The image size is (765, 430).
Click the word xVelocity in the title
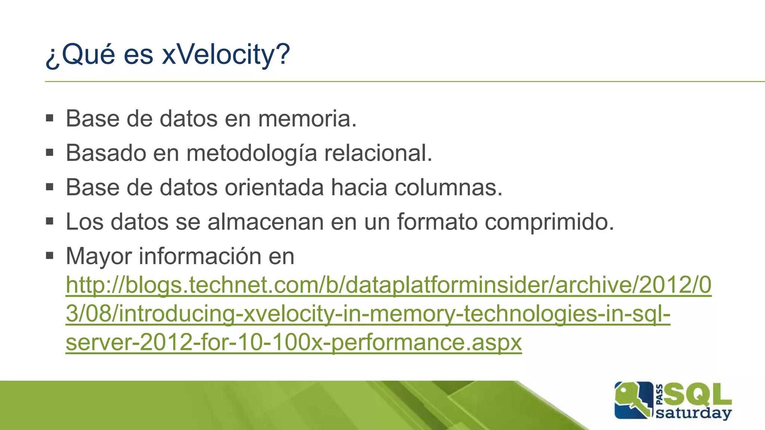pos(226,54)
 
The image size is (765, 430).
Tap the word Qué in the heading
pos(88,54)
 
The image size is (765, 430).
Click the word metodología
pos(251,153)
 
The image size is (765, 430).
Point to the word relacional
pos(378,153)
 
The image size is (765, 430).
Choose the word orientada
pos(274,187)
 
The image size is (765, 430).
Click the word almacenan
pos(265,222)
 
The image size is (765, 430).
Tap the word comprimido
pos(549,222)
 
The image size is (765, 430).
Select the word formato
pos(437,222)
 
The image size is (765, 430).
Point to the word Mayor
pos(99,256)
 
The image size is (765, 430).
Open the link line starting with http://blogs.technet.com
pos(388,285)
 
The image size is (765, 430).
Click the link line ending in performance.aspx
pos(294,342)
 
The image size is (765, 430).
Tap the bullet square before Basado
pos(50,153)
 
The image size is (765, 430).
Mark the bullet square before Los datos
pos(50,221)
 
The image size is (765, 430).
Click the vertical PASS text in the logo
pos(660,395)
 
